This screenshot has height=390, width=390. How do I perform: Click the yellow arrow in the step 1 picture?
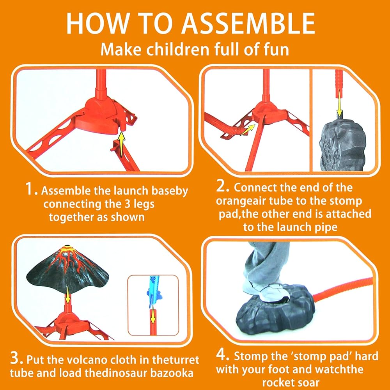[x=121, y=144]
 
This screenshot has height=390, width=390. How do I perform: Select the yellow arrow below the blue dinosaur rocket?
[x=153, y=317]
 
